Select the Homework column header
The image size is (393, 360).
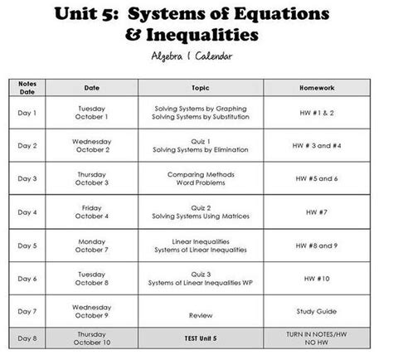(317, 87)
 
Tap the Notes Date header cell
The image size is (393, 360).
(27, 87)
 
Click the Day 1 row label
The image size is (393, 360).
(27, 113)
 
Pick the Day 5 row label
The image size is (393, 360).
(27, 246)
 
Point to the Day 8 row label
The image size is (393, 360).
(27, 338)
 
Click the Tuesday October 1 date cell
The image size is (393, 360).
(92, 113)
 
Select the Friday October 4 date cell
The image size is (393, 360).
(92, 212)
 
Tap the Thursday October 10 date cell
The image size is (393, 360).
(92, 338)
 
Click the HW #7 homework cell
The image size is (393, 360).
(317, 212)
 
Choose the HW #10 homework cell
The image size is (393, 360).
(317, 278)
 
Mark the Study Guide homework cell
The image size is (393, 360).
(317, 311)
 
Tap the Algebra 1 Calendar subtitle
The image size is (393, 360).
(196, 55)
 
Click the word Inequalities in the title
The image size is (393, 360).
(211, 35)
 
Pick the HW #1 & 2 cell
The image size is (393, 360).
(317, 113)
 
